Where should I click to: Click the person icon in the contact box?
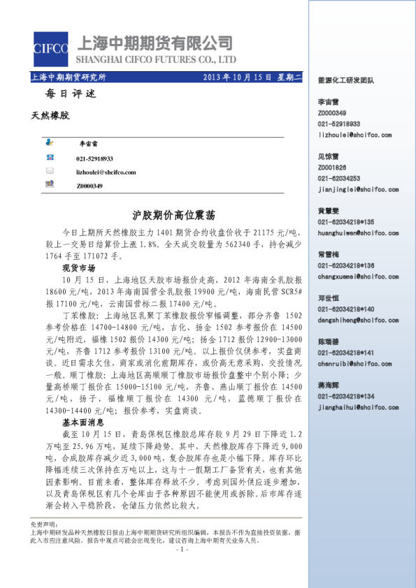point(50,142)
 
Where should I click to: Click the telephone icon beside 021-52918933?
point(50,158)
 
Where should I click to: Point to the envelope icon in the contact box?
point(50,171)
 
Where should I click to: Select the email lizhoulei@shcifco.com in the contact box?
point(106,172)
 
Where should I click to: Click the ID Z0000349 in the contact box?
point(89,186)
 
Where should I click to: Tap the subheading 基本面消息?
point(83,422)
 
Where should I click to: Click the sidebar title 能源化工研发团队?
point(346,81)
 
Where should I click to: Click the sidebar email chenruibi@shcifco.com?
point(354,364)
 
